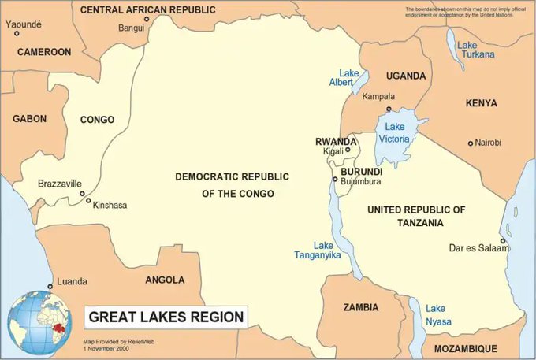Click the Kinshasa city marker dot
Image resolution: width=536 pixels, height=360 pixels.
coord(88,200)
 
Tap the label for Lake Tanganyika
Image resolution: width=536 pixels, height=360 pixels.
coord(316,250)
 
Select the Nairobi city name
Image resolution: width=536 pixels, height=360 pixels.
coord(487,143)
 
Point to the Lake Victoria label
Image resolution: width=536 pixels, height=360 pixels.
coord(394,132)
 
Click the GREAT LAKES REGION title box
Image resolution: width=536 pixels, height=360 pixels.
coord(166,317)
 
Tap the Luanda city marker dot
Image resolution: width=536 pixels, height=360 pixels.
coord(50,286)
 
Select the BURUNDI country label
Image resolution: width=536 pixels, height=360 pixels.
coord(361,171)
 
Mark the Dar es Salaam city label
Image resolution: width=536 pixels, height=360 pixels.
coord(478,248)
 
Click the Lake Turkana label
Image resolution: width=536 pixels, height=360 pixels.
coord(478,49)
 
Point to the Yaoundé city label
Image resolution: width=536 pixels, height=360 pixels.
coord(23,24)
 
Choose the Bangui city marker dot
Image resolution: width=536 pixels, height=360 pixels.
coord(146,20)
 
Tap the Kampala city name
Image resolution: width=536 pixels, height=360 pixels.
coord(379,96)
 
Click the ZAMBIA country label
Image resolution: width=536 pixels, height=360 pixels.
coord(359,306)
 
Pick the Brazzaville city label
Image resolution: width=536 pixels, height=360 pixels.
coord(60,184)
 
